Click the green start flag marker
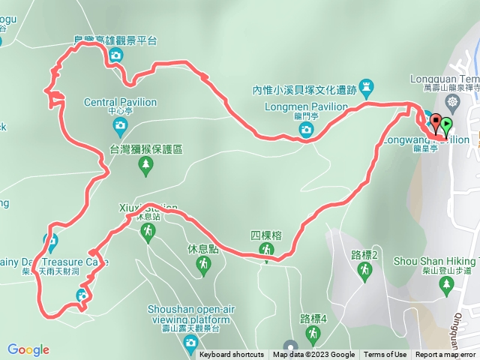[447, 125]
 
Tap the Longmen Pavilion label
[306, 106]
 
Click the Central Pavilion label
[120, 102]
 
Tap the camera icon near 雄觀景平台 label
[116, 56]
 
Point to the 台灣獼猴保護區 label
[147, 150]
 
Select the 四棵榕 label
[266, 235]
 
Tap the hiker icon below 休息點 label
[202, 264]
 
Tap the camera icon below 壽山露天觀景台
[190, 343]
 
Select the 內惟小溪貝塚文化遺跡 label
[304, 90]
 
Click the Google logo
[28, 349]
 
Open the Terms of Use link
[385, 355]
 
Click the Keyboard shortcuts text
[232, 355]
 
